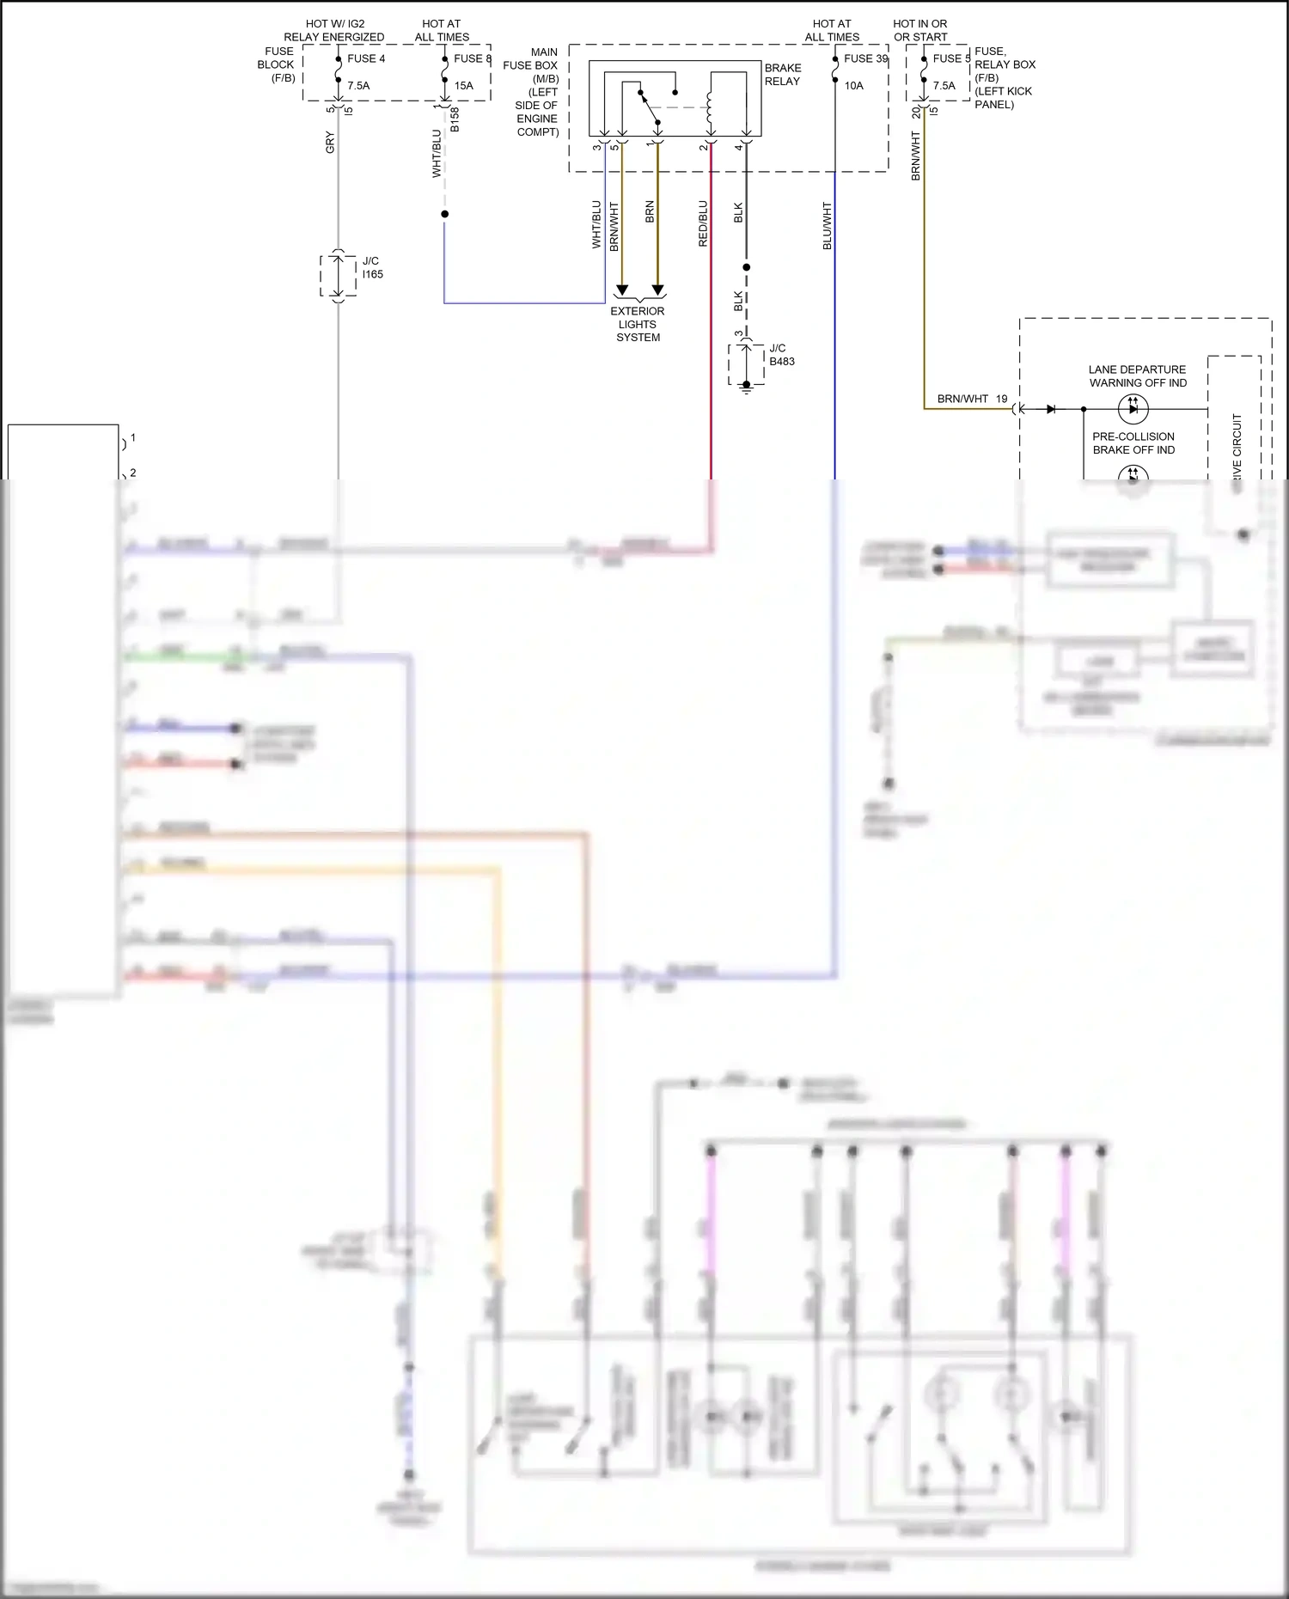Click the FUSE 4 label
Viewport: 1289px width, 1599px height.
coord(366,58)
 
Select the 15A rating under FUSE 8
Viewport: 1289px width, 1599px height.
coord(464,85)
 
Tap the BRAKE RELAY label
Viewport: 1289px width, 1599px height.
coord(782,75)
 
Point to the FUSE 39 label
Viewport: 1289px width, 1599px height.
coord(865,58)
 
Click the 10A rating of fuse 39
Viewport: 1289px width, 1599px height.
coord(854,85)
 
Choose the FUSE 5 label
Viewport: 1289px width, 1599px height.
coord(950,58)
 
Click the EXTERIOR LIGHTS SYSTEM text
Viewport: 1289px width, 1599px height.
coord(638,324)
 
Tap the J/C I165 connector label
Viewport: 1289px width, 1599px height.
coord(372,267)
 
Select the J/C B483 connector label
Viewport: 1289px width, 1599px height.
coord(781,355)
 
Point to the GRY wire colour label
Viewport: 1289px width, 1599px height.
coord(330,143)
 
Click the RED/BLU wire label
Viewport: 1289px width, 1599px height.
coord(703,223)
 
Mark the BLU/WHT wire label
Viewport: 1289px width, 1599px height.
coord(827,226)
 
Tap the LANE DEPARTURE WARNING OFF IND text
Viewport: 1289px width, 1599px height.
coord(1137,376)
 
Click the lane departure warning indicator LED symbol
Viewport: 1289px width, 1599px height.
coord(1133,409)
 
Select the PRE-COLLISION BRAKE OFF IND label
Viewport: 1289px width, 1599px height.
coord(1133,443)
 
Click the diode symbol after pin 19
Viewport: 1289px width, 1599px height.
coord(1051,409)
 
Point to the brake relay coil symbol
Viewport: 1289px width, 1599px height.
coord(710,107)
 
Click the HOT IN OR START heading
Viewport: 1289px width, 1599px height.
coord(919,30)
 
